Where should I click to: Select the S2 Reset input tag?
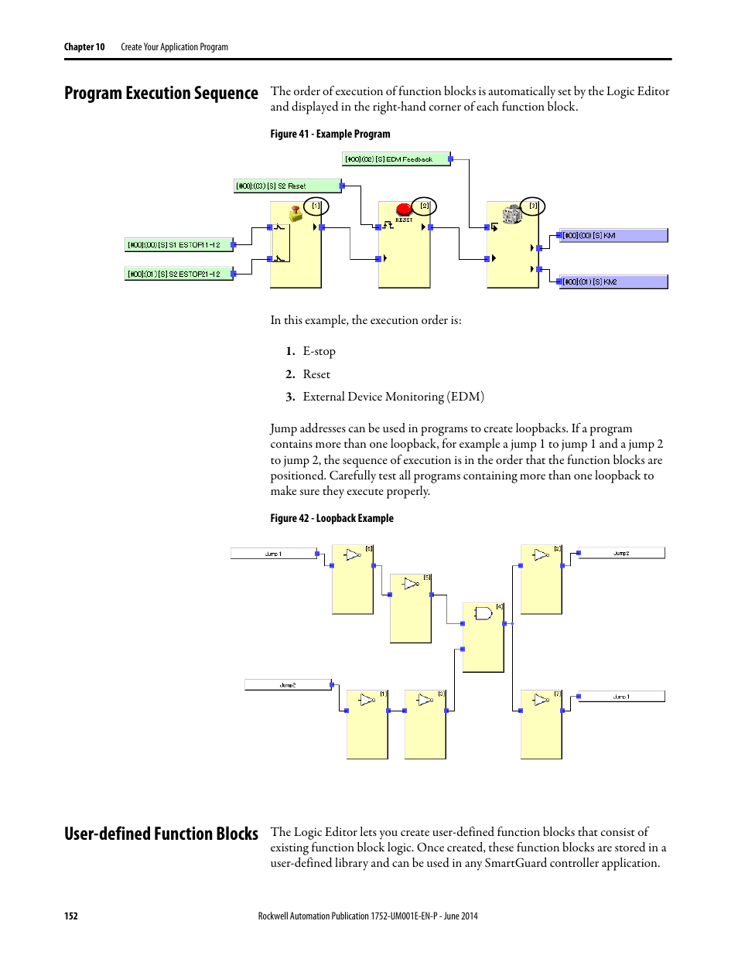pos(287,186)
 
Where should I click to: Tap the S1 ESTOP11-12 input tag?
pos(179,245)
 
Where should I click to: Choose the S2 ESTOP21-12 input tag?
pos(179,274)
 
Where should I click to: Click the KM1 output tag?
pos(613,236)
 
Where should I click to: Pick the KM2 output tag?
pos(613,282)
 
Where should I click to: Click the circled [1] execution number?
pos(316,206)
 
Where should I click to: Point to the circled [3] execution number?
pos(533,206)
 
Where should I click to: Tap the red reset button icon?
pos(404,210)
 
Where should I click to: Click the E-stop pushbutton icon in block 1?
pos(296,213)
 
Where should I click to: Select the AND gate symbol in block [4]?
pos(483,613)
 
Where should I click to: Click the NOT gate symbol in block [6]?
pos(353,554)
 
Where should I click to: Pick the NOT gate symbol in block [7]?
pos(541,700)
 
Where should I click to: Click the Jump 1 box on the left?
pos(273,554)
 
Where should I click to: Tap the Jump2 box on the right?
pos(621,553)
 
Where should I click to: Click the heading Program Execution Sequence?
pos(161,94)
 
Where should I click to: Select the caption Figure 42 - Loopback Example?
pos(332,518)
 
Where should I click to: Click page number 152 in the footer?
pos(71,916)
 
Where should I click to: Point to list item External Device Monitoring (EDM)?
pos(393,397)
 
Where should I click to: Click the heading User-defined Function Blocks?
pos(161,834)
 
